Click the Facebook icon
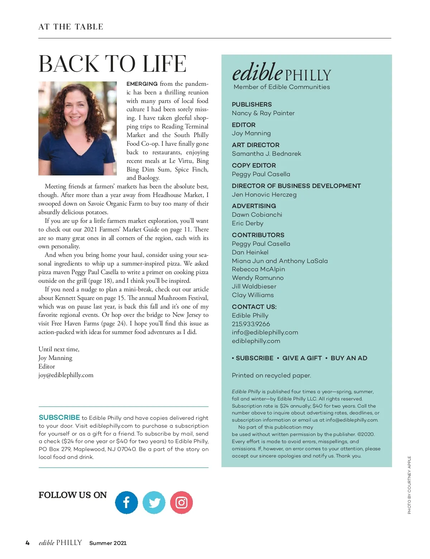pos(126,502)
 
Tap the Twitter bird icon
pos(154,502)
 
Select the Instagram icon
pos(181,502)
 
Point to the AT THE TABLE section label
pos(71,27)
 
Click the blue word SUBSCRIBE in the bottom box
pos(59,418)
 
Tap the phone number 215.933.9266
pos(251,324)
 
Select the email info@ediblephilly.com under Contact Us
pos(265,332)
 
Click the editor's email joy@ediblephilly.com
pos(66,375)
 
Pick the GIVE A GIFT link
pos(302,358)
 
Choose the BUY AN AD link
pos(349,358)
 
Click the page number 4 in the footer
pos(28,543)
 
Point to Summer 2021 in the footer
pos(108,543)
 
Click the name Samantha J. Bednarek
pos(266,154)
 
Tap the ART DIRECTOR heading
pos(255,145)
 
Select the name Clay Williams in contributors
pos(253,295)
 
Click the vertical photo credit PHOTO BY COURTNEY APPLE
pos(409,485)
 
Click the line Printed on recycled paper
pos(271,375)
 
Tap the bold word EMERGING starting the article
pos(142,84)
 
